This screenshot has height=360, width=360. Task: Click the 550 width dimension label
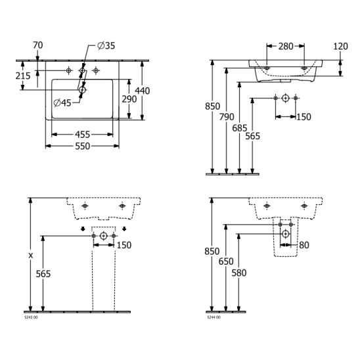pos(83,146)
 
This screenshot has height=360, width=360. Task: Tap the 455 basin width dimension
pos(82,135)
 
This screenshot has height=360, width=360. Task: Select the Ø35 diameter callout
pos(106,46)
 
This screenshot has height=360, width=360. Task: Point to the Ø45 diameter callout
pos(62,102)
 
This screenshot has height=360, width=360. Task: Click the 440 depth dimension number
pos(143,91)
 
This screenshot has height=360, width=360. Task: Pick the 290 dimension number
pos(129,99)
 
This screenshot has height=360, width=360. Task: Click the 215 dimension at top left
pos(23,76)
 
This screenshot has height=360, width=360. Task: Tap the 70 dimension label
pos(38,45)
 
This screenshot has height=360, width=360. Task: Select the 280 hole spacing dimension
pos(286,47)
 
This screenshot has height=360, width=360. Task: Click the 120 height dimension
pos(340,47)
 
